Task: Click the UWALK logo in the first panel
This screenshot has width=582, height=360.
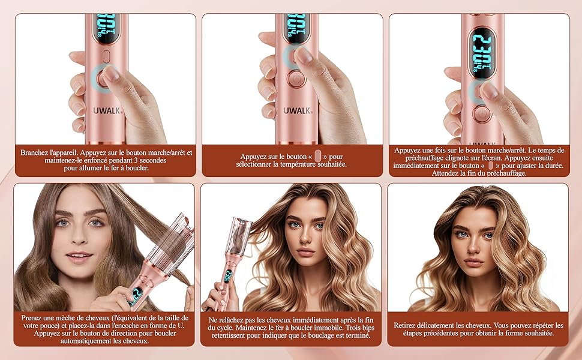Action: (107, 110)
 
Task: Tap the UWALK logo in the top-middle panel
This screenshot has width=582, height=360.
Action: (298, 110)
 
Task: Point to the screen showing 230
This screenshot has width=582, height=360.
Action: (481, 53)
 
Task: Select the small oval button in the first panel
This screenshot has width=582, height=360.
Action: (106, 56)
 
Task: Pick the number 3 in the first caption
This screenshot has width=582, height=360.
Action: (142, 160)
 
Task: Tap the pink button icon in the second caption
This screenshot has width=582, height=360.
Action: (318, 156)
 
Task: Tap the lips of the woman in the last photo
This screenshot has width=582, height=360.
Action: (473, 262)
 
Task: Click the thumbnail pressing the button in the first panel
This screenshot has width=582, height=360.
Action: (111, 73)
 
